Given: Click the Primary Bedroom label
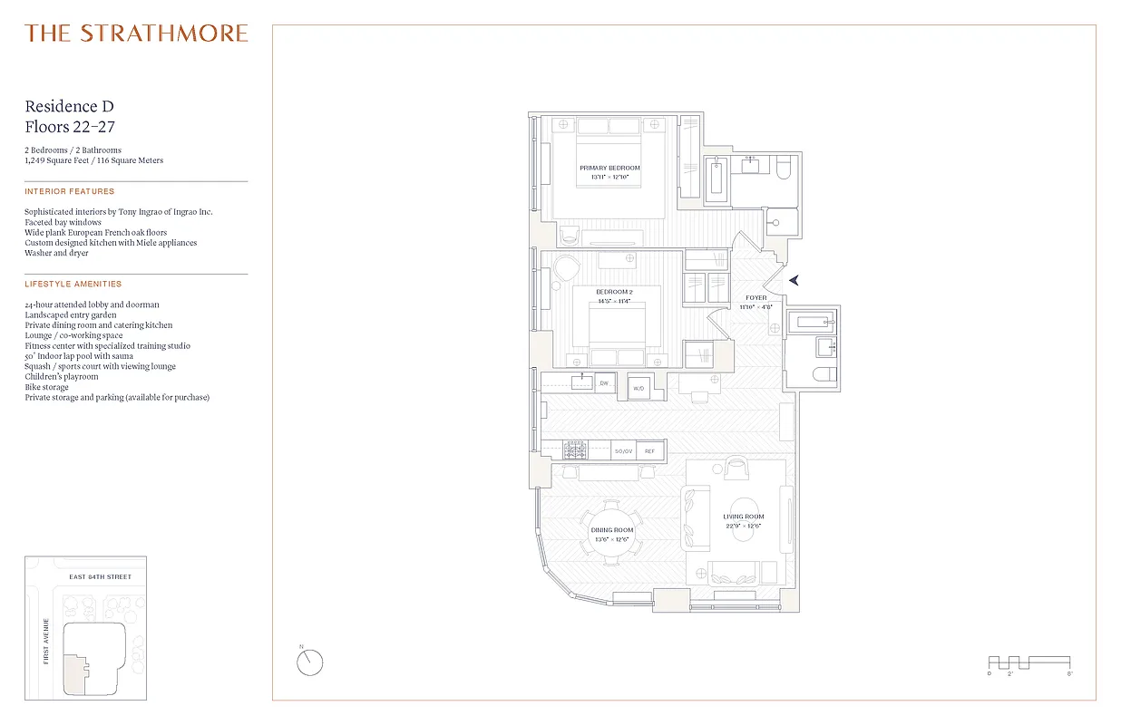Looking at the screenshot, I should [x=609, y=168].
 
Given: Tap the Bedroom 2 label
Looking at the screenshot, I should [x=614, y=292].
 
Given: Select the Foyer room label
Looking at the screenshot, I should [x=755, y=297].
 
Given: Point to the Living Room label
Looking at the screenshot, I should [x=743, y=517].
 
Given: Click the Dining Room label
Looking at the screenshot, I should [x=612, y=530].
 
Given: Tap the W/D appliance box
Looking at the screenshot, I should [x=638, y=387].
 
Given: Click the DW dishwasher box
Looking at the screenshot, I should [x=604, y=383].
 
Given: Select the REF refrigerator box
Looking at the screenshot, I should [x=648, y=450].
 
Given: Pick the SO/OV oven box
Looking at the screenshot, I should [x=623, y=450].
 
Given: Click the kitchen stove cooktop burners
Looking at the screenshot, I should [x=576, y=449].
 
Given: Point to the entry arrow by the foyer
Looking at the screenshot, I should [x=794, y=281].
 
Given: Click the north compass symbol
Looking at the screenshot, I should [x=309, y=662].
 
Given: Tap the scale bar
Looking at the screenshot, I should [x=1028, y=662].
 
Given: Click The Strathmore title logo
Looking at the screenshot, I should [x=136, y=34].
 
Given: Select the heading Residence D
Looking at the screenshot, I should [x=69, y=107].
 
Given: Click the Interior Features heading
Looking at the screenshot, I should [x=70, y=191].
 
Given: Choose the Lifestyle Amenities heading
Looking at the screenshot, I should [x=73, y=285].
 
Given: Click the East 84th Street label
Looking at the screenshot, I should [x=100, y=577].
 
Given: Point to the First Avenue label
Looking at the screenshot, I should [x=46, y=641].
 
